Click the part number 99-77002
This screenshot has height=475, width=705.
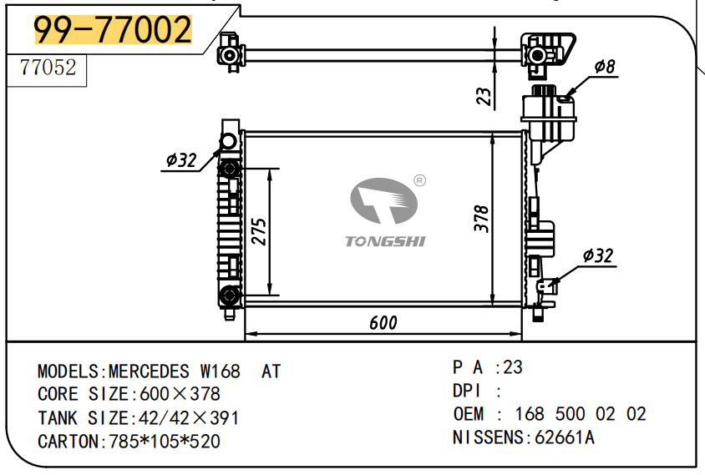(112, 31)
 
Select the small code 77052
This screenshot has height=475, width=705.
(48, 68)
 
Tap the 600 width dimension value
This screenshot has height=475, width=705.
(383, 323)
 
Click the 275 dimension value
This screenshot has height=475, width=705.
(258, 231)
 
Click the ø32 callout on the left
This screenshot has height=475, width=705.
(181, 160)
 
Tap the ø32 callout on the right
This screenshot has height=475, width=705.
(598, 255)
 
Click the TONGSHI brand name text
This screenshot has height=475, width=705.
(385, 241)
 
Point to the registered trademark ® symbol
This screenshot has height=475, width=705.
(420, 180)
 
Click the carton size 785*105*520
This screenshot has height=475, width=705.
(165, 441)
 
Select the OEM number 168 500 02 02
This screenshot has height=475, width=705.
(580, 414)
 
